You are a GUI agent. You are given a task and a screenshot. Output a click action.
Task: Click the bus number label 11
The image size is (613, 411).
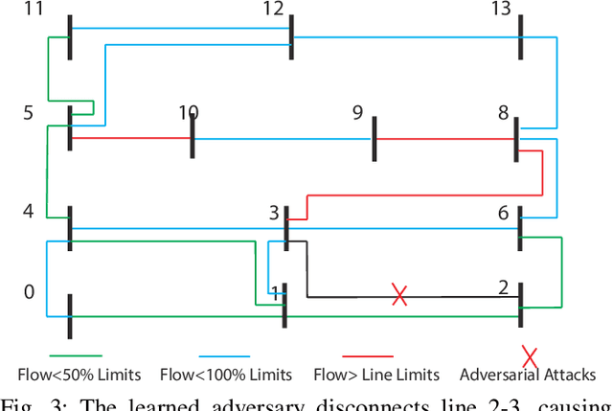[x=34, y=11]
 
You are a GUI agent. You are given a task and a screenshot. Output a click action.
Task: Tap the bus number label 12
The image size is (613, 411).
[x=273, y=11]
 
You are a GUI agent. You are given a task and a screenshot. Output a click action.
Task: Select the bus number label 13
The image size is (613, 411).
[x=500, y=11]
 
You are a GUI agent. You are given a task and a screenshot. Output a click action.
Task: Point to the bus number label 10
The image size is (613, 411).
[x=188, y=113]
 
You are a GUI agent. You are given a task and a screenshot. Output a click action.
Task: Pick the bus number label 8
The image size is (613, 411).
[x=503, y=113]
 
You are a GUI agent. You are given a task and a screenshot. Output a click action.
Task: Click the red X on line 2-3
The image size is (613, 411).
[x=400, y=295]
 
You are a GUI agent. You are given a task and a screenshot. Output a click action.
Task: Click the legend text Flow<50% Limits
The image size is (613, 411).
[x=79, y=375]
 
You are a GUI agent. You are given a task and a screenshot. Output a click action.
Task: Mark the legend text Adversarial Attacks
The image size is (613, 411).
[x=528, y=375]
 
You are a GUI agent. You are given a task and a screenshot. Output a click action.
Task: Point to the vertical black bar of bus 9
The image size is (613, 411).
[x=375, y=139]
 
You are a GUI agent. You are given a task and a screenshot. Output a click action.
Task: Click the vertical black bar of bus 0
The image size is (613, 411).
[x=70, y=316]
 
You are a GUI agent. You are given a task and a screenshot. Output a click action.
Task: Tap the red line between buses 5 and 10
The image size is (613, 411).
[x=131, y=139]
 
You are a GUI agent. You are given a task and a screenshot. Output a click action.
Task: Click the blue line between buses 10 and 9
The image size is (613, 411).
[x=283, y=140]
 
